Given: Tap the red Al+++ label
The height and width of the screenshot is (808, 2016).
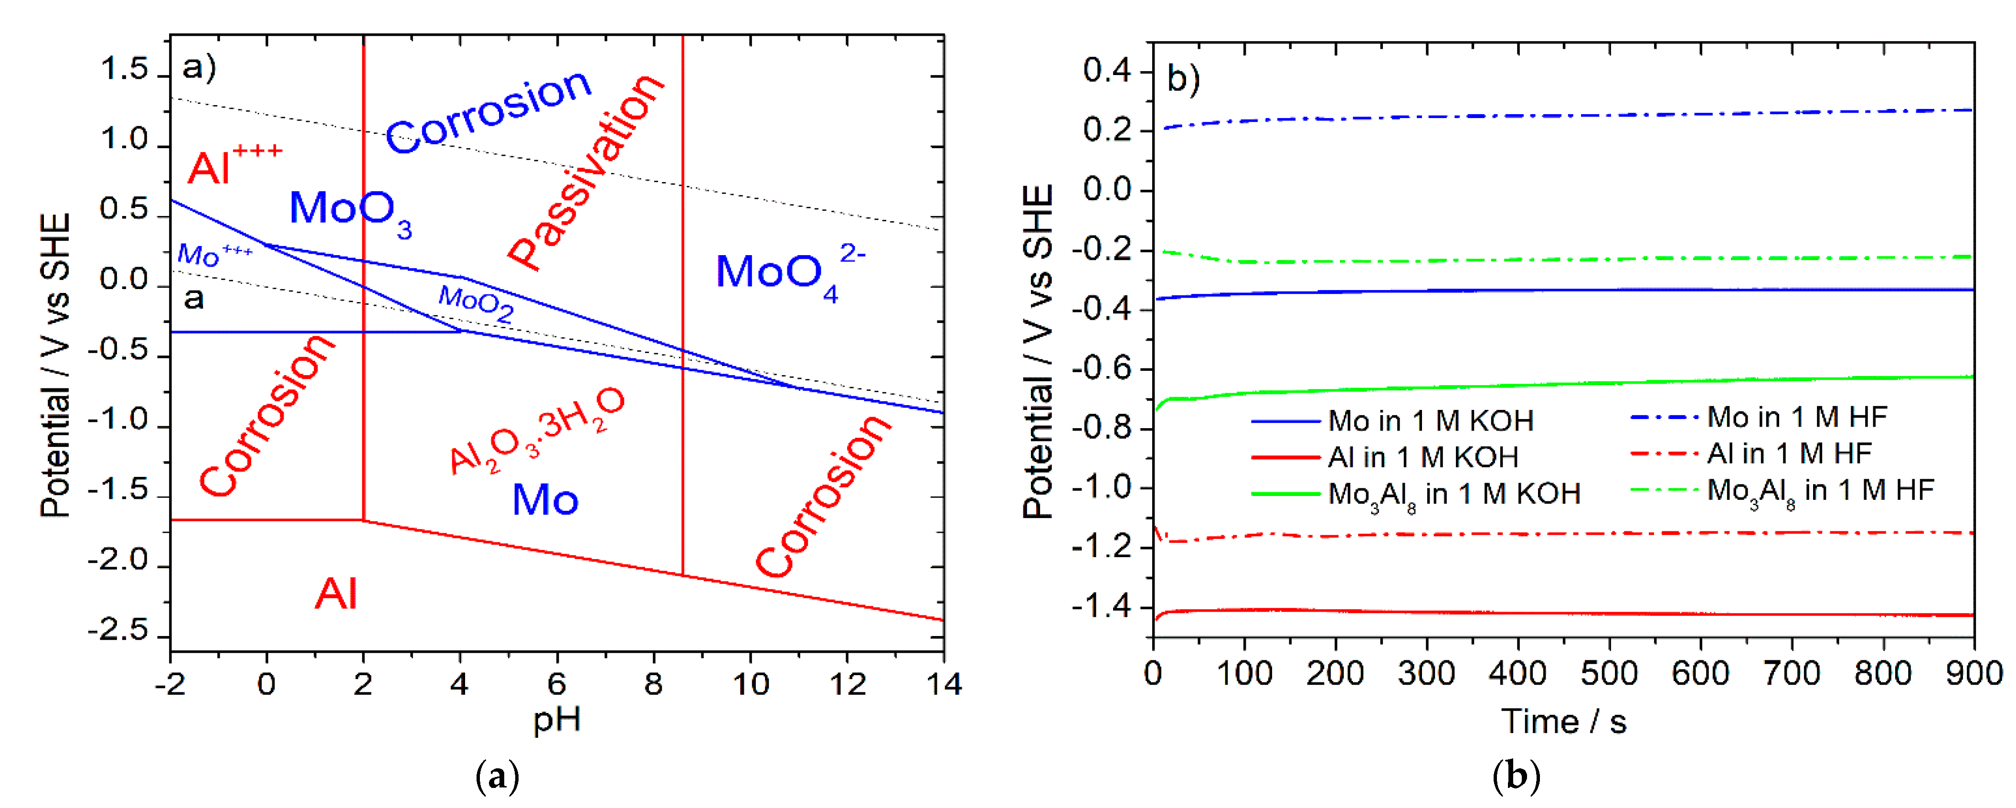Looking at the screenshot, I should tap(233, 163).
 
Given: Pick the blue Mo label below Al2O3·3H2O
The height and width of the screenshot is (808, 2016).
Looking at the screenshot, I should tap(545, 499).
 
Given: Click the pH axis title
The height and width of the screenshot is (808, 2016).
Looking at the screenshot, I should tap(556, 719).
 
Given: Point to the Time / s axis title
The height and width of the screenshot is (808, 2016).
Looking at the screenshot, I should tap(1563, 721).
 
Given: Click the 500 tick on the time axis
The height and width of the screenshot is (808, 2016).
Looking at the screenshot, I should tap(1609, 673).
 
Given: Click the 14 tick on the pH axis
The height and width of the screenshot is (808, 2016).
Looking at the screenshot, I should tap(944, 684).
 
